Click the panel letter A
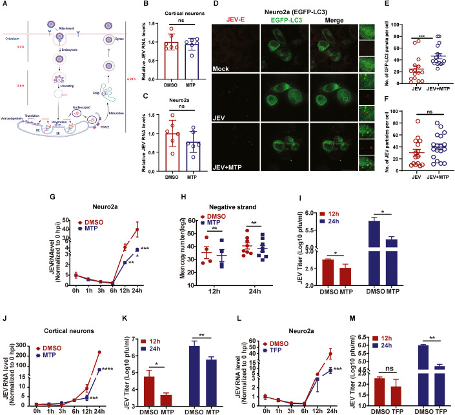point(5,5)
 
